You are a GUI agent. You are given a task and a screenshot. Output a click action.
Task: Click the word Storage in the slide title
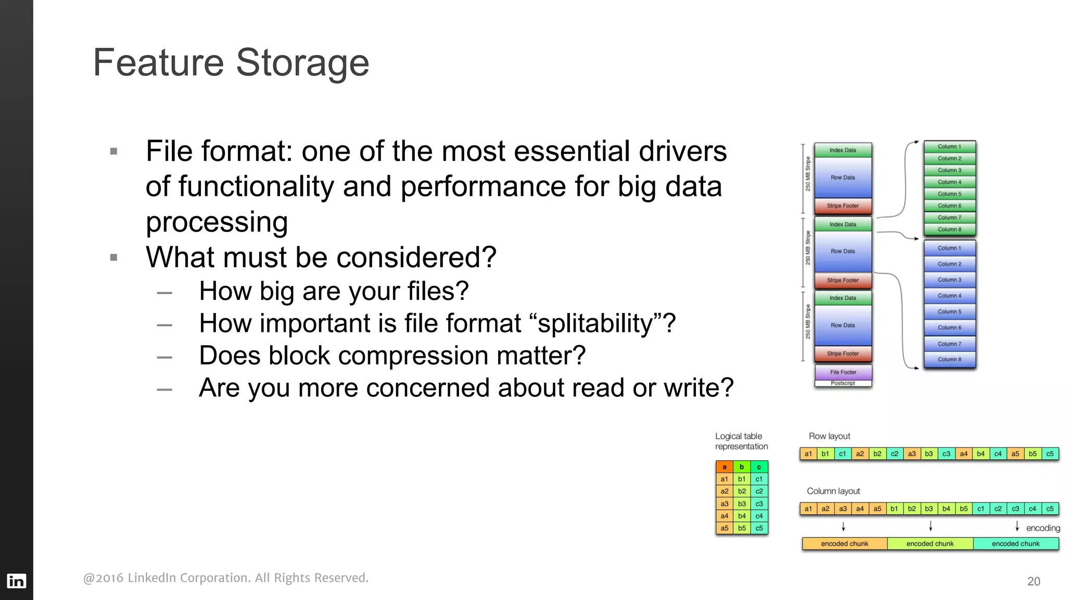click(302, 63)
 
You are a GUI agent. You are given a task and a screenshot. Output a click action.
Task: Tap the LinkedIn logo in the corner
click(16, 581)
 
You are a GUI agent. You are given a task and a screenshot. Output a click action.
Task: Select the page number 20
click(1033, 581)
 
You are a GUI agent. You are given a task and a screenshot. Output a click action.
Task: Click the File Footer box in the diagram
click(843, 372)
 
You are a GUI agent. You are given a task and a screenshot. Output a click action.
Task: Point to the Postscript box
click(843, 383)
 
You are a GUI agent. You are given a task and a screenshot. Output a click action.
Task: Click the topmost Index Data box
click(843, 150)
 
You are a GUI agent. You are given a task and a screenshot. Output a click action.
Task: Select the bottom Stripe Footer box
click(843, 354)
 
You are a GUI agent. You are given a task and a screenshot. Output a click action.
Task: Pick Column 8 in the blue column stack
click(949, 359)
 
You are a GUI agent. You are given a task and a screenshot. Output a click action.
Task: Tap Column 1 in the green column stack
click(949, 147)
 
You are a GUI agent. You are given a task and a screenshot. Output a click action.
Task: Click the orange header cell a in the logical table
click(724, 467)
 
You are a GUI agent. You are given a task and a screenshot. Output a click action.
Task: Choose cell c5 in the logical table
click(759, 528)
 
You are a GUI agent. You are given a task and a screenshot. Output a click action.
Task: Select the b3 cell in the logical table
click(742, 504)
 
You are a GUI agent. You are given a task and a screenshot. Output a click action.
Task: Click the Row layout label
click(829, 436)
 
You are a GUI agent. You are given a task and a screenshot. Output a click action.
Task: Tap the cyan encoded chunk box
click(1016, 544)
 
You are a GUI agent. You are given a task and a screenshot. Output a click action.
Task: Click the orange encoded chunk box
click(844, 544)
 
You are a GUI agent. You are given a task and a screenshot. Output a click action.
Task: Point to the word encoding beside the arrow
click(1043, 528)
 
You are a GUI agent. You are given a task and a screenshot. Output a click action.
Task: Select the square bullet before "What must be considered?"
click(114, 257)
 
